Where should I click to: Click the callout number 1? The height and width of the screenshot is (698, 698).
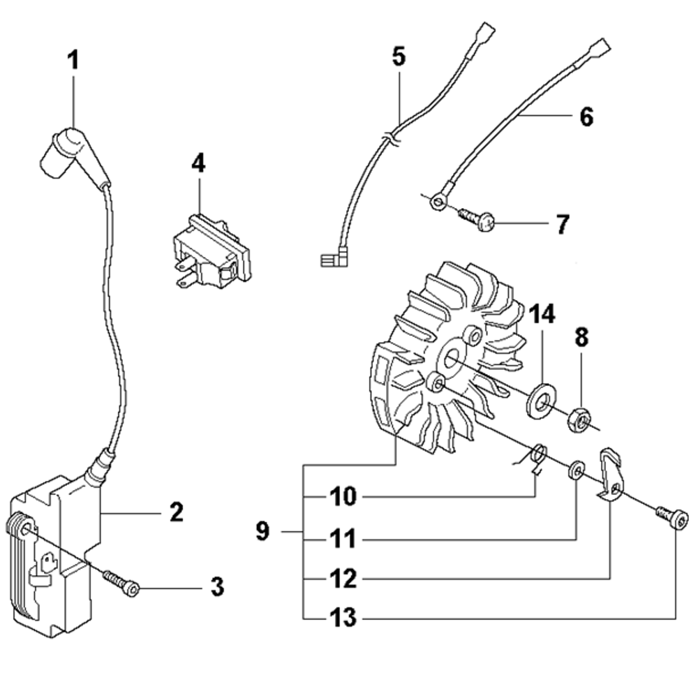click(x=73, y=60)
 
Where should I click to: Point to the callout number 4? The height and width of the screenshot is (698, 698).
click(x=199, y=164)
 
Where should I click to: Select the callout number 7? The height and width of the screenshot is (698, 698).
click(x=563, y=225)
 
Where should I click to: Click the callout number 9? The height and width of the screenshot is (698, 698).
click(x=262, y=532)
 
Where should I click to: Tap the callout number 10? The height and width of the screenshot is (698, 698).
click(x=343, y=497)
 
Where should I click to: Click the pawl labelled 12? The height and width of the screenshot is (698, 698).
click(x=611, y=475)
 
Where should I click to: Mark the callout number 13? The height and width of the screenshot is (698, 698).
click(x=343, y=618)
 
